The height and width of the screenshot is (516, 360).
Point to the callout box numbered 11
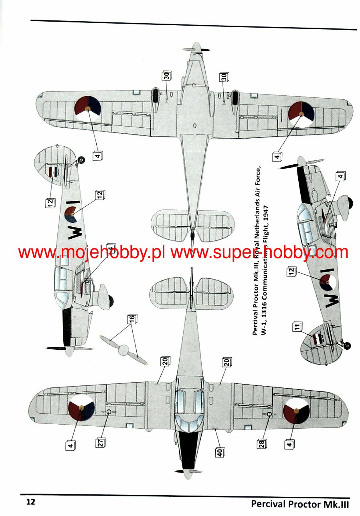coord(296,327)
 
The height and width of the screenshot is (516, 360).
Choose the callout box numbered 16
coord(131,319)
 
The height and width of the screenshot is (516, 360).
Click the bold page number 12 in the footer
coord(31,502)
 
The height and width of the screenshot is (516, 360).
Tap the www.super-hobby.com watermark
coord(260,253)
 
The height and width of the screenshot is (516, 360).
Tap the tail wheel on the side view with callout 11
coord(347,346)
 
